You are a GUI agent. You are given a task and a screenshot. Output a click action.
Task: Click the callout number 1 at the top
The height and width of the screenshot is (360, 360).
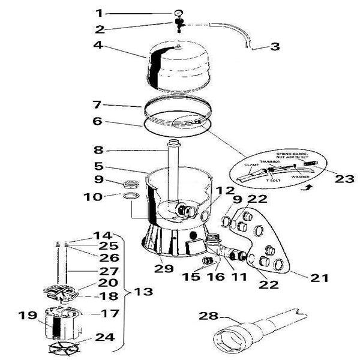100,13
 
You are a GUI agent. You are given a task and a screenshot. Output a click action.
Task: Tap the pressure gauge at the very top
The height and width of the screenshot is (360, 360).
178,13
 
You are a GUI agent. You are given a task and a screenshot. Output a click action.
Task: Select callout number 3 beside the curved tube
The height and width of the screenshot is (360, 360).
274,46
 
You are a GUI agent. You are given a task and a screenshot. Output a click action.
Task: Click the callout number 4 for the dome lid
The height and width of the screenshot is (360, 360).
100,44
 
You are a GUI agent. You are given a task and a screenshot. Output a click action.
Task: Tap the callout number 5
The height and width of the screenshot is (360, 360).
100,166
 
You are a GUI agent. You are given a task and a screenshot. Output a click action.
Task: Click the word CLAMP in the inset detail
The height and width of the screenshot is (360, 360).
250,163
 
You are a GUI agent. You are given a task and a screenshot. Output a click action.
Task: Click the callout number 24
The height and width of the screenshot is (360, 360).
105,337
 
